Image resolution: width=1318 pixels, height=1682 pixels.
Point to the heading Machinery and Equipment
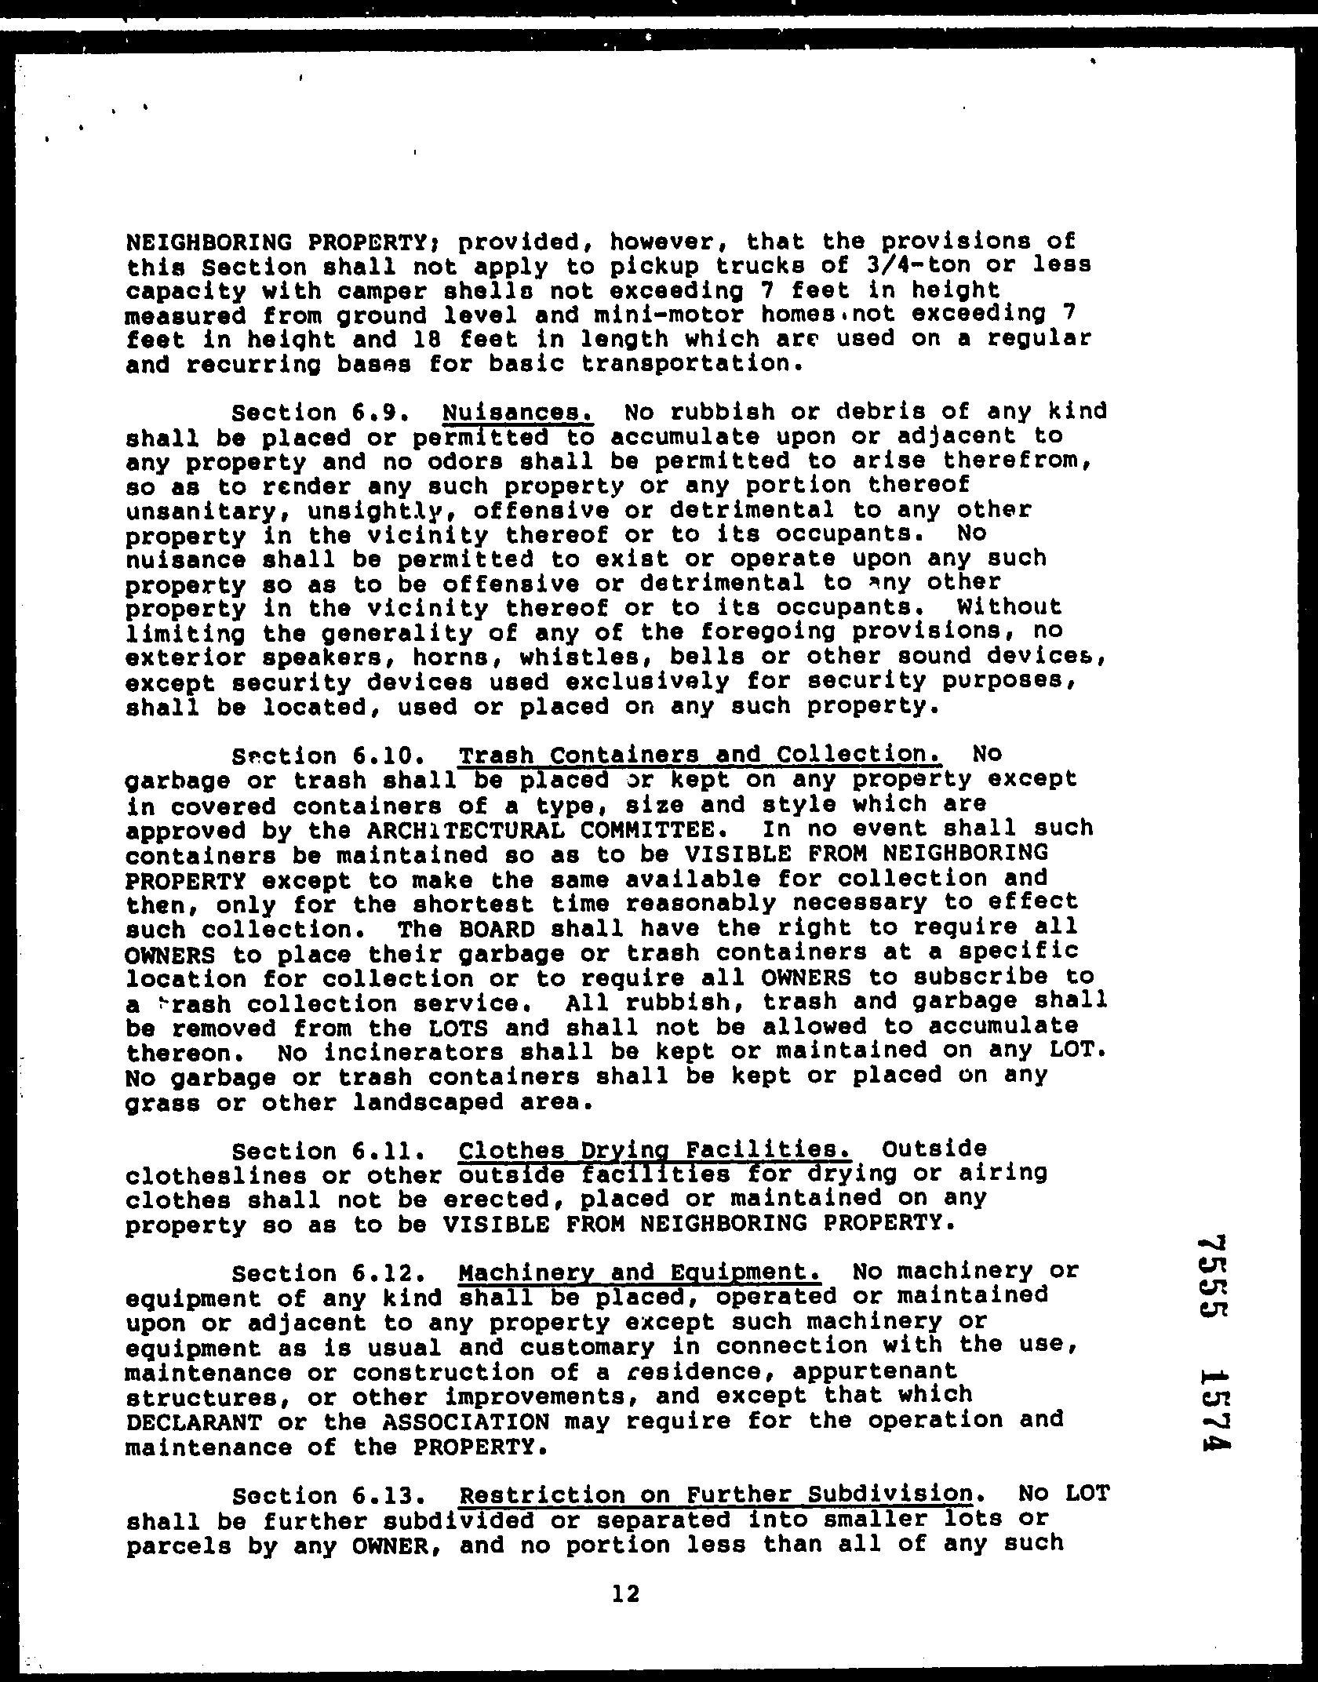click(639, 1271)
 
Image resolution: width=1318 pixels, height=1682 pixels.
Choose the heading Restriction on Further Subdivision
click(715, 1494)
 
